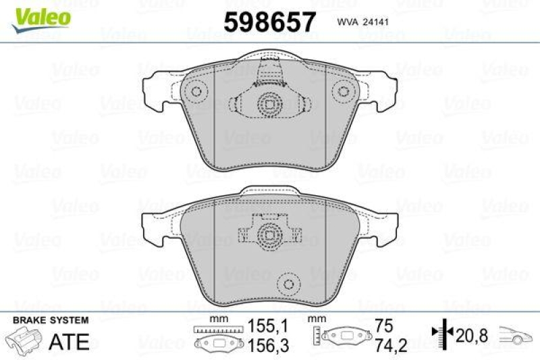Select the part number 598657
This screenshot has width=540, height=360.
(269, 22)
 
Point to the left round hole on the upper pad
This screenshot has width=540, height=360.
(196, 91)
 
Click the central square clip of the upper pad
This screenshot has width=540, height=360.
(269, 104)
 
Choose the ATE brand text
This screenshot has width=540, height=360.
(70, 342)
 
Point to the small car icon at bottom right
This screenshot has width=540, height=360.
(516, 333)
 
